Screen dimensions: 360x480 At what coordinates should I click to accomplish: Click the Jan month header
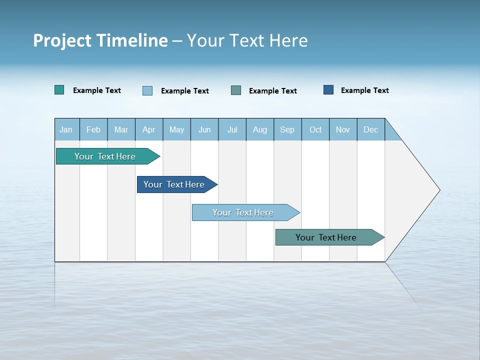click(x=66, y=129)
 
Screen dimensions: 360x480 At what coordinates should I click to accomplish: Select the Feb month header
click(x=93, y=129)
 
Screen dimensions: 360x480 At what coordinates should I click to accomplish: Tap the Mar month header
click(x=121, y=129)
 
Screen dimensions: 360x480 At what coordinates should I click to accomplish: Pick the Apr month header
click(x=149, y=129)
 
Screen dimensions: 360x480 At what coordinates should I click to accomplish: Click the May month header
click(x=176, y=129)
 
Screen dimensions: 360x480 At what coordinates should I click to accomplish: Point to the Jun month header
click(x=204, y=129)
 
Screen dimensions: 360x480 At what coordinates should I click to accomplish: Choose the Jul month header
click(x=232, y=129)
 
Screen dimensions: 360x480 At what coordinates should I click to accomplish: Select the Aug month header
click(x=260, y=129)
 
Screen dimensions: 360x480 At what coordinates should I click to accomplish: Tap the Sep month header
click(x=287, y=129)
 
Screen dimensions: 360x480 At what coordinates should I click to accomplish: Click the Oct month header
click(x=315, y=129)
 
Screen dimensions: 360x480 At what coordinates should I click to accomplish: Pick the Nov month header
click(x=343, y=129)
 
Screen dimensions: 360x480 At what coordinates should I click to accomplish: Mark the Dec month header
click(x=371, y=129)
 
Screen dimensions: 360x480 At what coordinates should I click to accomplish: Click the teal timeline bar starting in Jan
click(x=105, y=156)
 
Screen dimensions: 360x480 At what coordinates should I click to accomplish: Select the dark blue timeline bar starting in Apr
click(x=174, y=184)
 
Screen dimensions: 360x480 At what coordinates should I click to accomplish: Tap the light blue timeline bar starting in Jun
click(x=243, y=212)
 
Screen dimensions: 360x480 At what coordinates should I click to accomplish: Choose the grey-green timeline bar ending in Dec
click(x=326, y=237)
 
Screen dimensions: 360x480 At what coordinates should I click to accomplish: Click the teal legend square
click(x=59, y=90)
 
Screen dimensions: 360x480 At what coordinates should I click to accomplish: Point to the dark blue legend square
click(x=328, y=90)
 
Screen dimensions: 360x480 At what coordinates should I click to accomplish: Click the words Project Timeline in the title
click(x=100, y=40)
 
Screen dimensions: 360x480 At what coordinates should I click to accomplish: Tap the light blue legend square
click(x=147, y=90)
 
